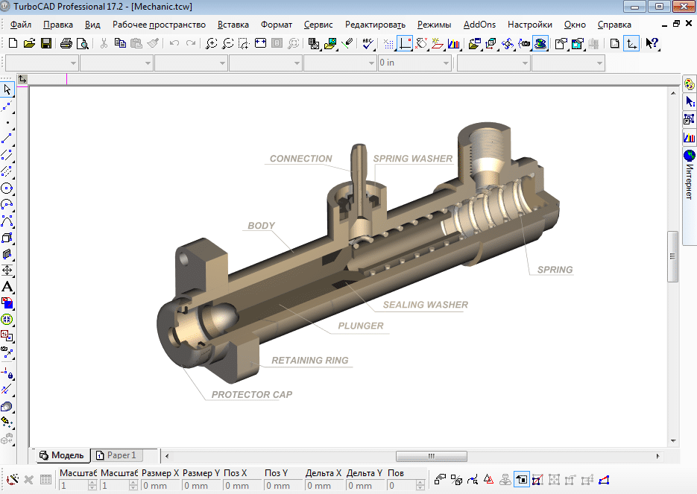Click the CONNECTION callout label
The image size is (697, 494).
[x=300, y=159]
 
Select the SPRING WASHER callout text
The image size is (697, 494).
[x=412, y=159]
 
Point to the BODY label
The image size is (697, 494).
[x=261, y=226]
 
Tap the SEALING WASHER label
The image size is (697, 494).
[x=425, y=305]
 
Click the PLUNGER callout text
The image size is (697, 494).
[x=360, y=326]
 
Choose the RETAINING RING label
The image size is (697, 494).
[x=309, y=361]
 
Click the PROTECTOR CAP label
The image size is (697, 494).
[x=251, y=395]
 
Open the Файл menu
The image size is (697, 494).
[x=21, y=24]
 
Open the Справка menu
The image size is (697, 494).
[x=614, y=24]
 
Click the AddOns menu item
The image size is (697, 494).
[x=479, y=24]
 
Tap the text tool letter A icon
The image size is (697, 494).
[x=7, y=287]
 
